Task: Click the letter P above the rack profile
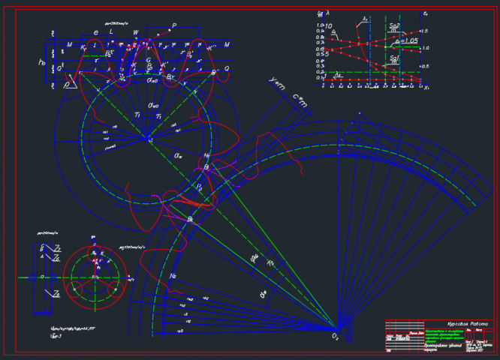click(x=174, y=26)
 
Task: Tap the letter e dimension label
click(x=95, y=33)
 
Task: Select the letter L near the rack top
click(x=111, y=33)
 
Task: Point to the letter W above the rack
click(x=136, y=33)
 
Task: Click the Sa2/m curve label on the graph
click(x=395, y=26)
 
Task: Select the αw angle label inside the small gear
click(x=179, y=155)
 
